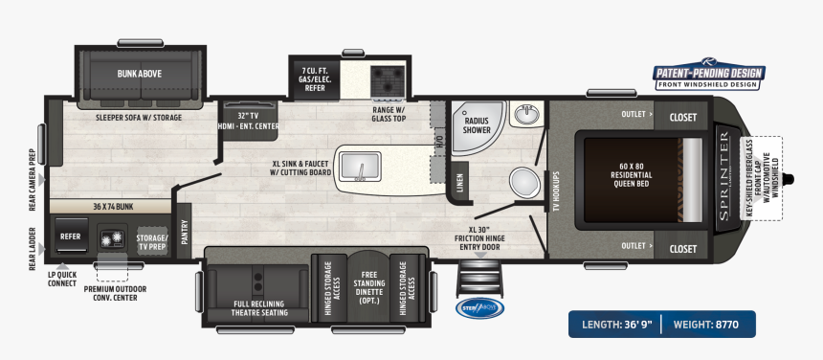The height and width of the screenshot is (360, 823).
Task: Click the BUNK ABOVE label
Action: (139, 73)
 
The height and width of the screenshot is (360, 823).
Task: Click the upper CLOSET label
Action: (682, 117)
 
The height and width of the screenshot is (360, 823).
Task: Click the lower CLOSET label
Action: (682, 248)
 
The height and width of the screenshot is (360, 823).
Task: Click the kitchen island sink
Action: (363, 169)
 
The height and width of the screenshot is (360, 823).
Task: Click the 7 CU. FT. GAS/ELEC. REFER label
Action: (314, 78)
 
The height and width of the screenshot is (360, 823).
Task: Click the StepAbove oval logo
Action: (478, 308)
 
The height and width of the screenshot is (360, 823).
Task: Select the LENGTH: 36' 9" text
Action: (614, 324)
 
